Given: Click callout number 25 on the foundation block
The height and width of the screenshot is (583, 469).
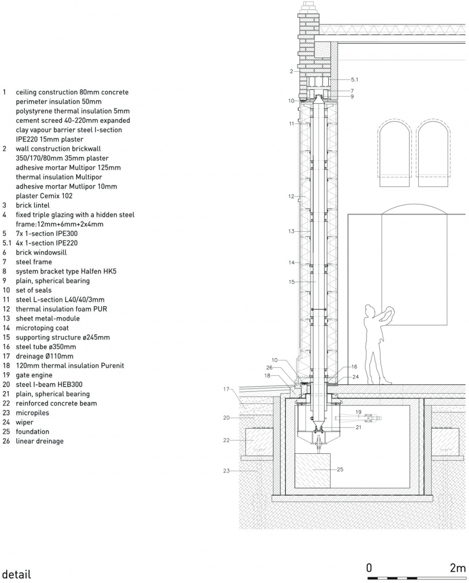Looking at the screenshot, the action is coord(340,469).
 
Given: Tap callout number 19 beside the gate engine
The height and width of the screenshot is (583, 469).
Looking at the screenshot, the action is coord(359,412).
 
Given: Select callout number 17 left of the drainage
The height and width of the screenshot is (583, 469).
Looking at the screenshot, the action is coord(226,389).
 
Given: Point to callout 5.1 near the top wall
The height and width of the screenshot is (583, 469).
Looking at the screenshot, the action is coord(354,80).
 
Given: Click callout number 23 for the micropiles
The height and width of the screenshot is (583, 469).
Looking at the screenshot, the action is coord(226,471).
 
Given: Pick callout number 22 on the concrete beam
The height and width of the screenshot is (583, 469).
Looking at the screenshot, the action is coord(226,440).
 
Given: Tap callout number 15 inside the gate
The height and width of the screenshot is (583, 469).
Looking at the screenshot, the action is coord(292,282).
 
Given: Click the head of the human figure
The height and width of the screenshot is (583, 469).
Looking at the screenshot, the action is coord(370,311).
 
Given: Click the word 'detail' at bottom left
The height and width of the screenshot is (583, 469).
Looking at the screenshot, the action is coord(17,574).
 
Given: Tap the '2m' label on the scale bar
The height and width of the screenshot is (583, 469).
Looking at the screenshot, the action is coord(457,568).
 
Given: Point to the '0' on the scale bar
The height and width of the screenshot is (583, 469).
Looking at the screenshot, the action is coord(369,568).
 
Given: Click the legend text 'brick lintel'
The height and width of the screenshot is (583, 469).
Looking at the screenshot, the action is coord(33,205).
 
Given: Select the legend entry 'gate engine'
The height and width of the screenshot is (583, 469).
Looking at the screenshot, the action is coord(34,375).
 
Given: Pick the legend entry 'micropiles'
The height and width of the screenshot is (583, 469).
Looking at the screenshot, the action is coord(32,413).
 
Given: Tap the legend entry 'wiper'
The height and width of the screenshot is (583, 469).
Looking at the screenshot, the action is coord(24,422).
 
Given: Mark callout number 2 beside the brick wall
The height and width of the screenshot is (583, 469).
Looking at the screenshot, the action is coord(292,71).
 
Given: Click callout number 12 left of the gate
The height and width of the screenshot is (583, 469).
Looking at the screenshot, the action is coord(291,196).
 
